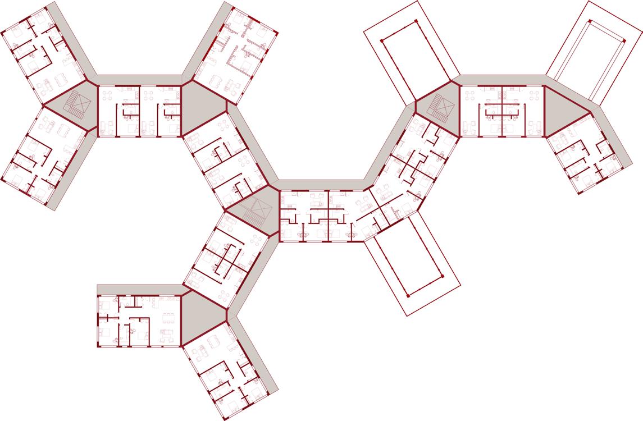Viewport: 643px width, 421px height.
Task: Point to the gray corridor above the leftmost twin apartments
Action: [139, 79]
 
